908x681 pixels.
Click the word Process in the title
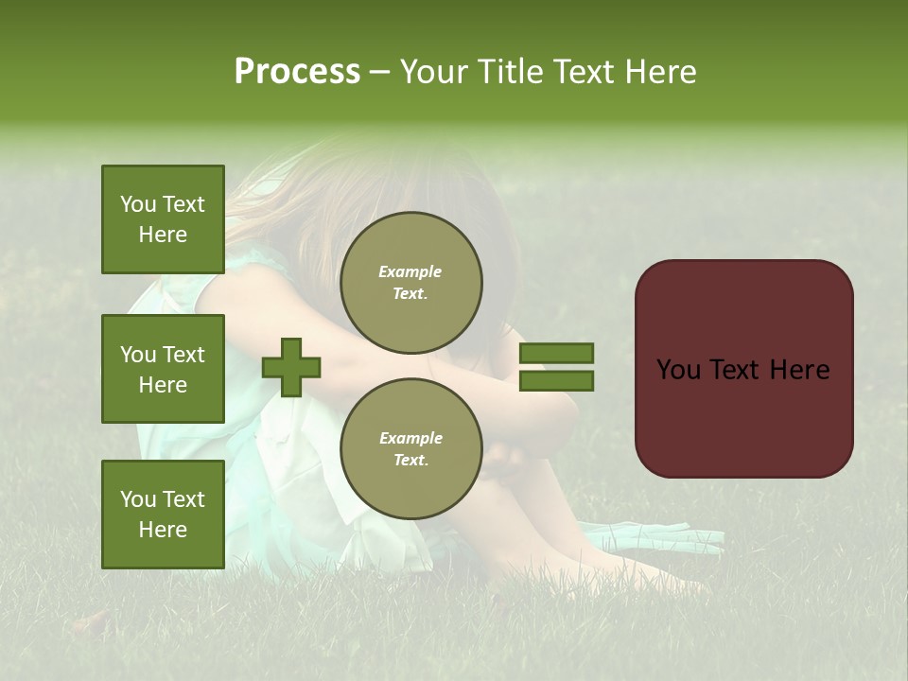(x=297, y=72)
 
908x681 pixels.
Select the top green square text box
(x=163, y=219)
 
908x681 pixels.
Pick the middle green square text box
(x=163, y=369)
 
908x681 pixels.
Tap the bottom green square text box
(x=163, y=514)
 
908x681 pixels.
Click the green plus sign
(x=291, y=367)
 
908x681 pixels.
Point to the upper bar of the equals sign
(x=556, y=354)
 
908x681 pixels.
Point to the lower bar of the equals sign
(x=556, y=380)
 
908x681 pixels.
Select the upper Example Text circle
(x=410, y=282)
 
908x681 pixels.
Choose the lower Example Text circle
(x=410, y=448)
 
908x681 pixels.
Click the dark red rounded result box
(x=743, y=368)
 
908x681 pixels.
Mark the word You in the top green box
(x=138, y=204)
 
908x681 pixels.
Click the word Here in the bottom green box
(x=163, y=530)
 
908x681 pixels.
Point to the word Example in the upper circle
(x=410, y=271)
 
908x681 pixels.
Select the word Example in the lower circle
(x=410, y=438)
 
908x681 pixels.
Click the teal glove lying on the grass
(x=653, y=537)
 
